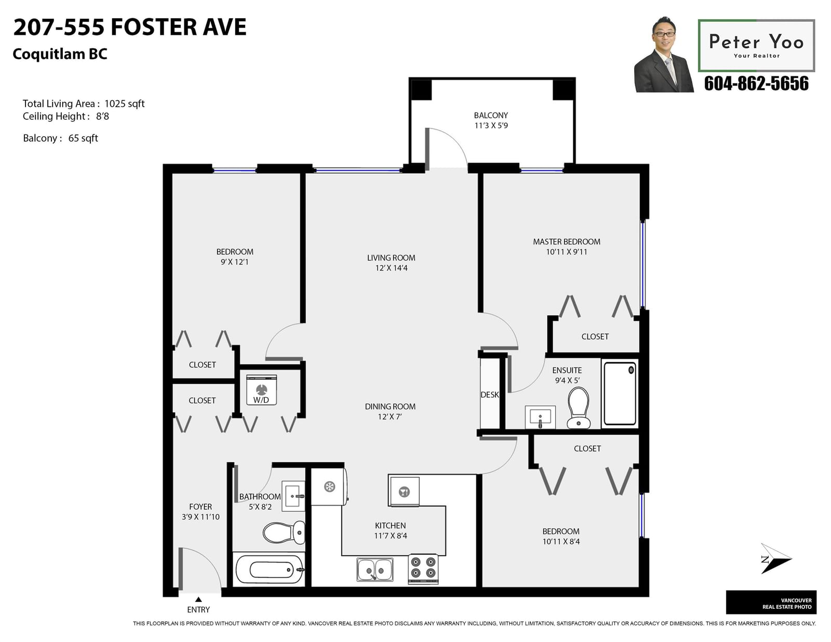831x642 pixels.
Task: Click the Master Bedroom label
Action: pos(566,241)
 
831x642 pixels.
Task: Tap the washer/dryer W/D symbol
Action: pos(261,390)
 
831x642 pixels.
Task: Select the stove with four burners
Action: pos(423,568)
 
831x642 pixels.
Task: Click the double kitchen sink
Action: pos(374,569)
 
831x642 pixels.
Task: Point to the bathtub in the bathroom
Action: pos(270,569)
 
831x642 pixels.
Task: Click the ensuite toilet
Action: pos(578,408)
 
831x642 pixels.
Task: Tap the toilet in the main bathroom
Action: pos(284,532)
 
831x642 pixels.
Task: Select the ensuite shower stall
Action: pos(620,393)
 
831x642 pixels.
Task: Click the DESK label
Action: pos(490,394)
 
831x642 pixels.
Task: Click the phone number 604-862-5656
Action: pos(756,84)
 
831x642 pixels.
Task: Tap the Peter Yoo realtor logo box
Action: pos(756,46)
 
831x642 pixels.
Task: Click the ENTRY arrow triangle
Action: pos(198,599)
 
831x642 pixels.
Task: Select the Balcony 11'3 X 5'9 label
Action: pos(491,120)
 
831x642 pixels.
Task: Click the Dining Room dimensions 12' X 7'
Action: pos(390,417)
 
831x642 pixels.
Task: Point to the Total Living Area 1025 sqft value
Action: pos(124,104)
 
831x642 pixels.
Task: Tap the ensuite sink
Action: pos(540,417)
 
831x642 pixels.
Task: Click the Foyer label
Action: pos(200,507)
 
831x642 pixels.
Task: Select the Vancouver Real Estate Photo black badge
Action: pos(771,602)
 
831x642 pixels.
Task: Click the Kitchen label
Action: pos(390,525)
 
